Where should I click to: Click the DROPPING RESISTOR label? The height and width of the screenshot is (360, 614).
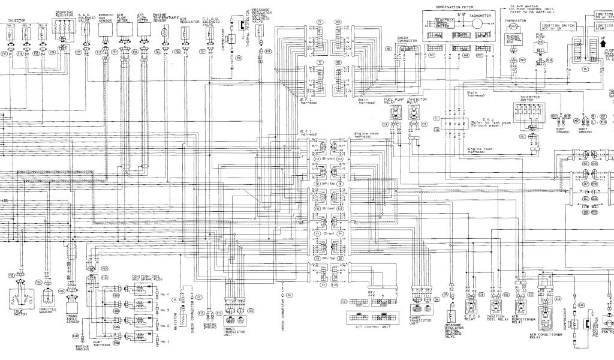64,14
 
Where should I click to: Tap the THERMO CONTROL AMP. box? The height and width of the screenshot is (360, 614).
514,40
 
